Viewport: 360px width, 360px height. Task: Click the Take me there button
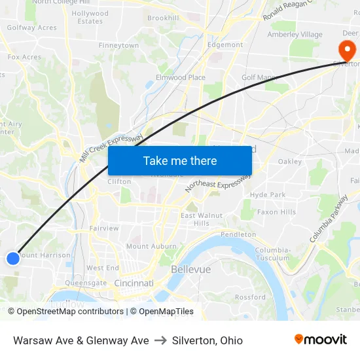pos(180,160)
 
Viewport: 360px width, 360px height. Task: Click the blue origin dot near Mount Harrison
pos(13,259)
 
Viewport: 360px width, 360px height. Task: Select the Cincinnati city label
pos(134,283)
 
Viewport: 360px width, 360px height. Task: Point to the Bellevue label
pos(190,270)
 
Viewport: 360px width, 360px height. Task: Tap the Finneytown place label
pos(118,46)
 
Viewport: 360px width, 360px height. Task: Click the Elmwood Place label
pos(180,77)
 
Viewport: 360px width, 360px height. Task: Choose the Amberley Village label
pos(295,35)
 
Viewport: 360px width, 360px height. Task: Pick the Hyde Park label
pos(268,194)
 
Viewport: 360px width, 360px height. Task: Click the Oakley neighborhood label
pos(289,162)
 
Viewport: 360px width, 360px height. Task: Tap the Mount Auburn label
pos(151,247)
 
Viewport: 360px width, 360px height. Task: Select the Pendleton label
pos(238,234)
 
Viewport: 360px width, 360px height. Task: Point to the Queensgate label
pos(86,283)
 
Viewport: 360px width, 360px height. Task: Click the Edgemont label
pos(225,45)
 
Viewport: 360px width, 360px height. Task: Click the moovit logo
pos(321,340)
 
